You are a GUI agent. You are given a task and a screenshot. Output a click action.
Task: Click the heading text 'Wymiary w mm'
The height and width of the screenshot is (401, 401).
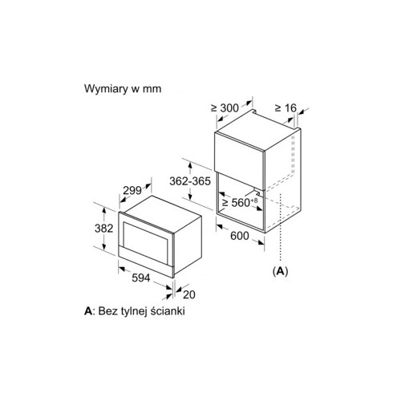coord(123,89)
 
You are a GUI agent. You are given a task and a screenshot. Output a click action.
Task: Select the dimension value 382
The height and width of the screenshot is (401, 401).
coord(104,229)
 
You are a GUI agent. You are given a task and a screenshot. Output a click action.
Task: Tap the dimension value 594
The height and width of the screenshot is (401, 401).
coord(141,278)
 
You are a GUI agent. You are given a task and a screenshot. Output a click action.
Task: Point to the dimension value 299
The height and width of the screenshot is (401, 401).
coord(132,191)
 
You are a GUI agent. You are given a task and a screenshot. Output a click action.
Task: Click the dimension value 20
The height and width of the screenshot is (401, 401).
coord(189,294)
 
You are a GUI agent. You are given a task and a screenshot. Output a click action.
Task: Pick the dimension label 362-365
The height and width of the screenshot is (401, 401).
coord(190,181)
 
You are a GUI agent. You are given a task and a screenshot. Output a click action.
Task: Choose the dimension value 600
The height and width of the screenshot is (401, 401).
coord(240,236)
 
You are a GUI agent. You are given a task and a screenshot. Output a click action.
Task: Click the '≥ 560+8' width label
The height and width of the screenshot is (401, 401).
coord(240,202)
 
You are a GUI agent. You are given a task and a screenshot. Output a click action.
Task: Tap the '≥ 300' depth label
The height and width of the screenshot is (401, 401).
coord(225,108)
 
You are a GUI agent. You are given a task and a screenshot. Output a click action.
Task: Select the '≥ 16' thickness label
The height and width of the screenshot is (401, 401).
coord(286,108)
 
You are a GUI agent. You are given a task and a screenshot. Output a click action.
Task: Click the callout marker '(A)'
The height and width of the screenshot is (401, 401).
coord(280,271)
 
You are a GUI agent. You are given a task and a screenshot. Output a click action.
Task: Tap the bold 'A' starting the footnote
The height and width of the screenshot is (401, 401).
coord(88,311)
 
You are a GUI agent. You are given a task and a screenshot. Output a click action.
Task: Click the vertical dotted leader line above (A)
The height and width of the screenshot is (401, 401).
coord(280,227)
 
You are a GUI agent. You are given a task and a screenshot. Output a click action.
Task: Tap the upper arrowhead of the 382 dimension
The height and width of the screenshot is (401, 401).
coord(104,211)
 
